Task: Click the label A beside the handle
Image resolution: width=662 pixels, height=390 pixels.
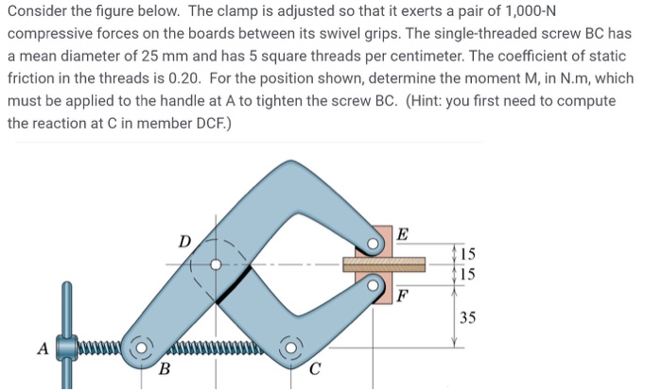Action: (42, 348)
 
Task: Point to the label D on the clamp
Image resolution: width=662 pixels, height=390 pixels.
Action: (185, 241)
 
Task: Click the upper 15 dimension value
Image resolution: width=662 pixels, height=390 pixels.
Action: (469, 253)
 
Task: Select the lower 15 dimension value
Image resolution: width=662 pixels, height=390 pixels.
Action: (469, 274)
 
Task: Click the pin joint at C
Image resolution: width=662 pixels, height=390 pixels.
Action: (289, 348)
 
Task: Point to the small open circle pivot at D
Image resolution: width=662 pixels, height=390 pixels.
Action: (216, 265)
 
